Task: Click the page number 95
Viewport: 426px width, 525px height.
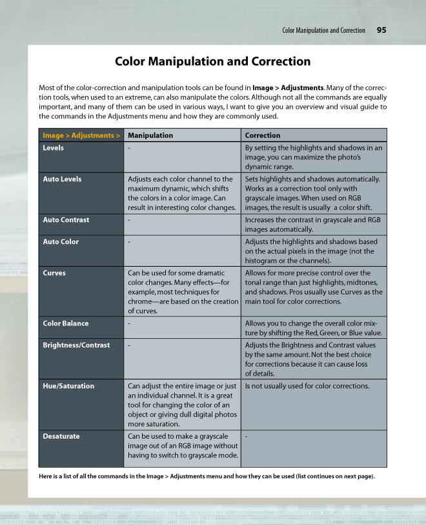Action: (381, 30)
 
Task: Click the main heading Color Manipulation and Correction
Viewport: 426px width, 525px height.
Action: (212, 62)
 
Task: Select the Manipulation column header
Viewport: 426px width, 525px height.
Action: (150, 136)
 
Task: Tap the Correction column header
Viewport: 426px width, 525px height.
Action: (263, 136)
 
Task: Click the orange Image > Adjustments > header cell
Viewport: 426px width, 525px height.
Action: (81, 136)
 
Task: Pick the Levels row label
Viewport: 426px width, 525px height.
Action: (54, 148)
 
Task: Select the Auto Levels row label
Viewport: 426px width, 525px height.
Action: (62, 179)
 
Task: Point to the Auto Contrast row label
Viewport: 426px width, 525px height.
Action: (66, 220)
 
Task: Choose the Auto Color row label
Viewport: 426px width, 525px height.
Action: (61, 242)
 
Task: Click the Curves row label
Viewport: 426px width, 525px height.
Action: (54, 273)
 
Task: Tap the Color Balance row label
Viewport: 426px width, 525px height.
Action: (66, 323)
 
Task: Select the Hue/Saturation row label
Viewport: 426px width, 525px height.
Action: (68, 387)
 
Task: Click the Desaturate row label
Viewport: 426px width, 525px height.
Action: (61, 437)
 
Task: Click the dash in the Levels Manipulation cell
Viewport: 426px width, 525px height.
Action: (129, 148)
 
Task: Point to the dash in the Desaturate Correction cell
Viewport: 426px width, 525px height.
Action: (247, 437)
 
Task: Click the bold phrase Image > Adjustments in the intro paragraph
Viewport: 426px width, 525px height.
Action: (288, 88)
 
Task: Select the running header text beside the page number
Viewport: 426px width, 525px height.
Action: (323, 31)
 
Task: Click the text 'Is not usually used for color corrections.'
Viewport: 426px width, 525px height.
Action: (307, 387)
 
